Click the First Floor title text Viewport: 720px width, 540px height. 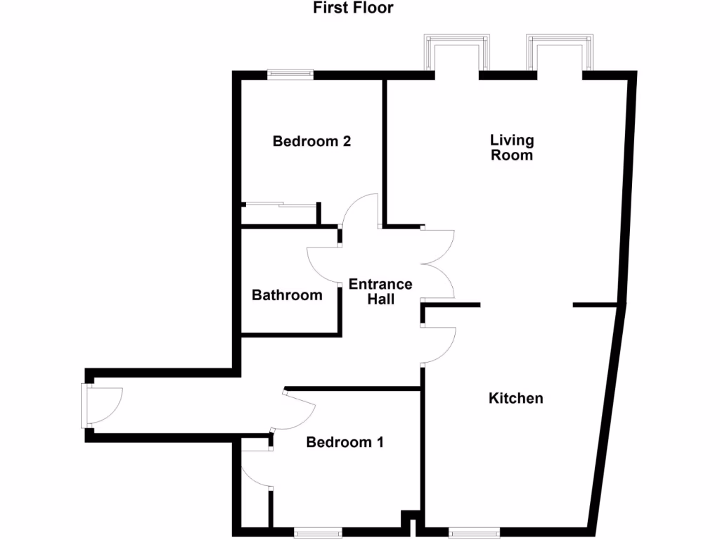pyautogui.click(x=353, y=8)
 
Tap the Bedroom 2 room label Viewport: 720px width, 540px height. pyautogui.click(x=311, y=141)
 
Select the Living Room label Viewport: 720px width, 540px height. pyautogui.click(x=511, y=148)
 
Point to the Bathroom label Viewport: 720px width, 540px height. pyautogui.click(x=287, y=295)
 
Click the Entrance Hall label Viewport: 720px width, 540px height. pyautogui.click(x=380, y=292)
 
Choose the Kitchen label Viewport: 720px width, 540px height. pyautogui.click(x=515, y=399)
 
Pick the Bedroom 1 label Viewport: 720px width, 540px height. pyautogui.click(x=345, y=442)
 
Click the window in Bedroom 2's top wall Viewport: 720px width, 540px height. pyautogui.click(x=290, y=72)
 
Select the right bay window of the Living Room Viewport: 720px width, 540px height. pyautogui.click(x=560, y=55)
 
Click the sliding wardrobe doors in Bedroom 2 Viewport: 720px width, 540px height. pyautogui.click(x=280, y=205)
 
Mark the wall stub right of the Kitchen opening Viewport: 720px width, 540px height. pyautogui.click(x=598, y=304)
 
